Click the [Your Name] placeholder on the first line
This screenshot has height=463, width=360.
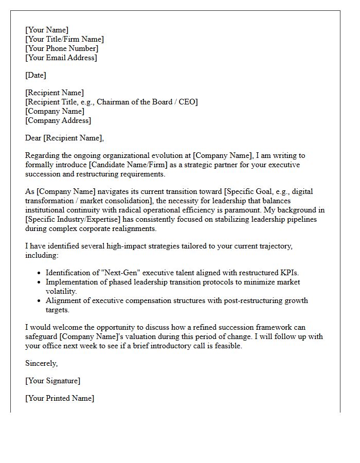pos(47,30)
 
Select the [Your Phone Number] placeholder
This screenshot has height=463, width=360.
pos(62,48)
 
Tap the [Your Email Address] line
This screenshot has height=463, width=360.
pos(61,58)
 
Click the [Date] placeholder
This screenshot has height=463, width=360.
pos(35,75)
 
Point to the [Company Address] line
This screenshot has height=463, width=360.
pos(58,120)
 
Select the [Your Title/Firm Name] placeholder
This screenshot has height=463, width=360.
pos(64,39)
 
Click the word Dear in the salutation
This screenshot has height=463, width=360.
pos(33,138)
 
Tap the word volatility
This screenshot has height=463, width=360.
pos(61,291)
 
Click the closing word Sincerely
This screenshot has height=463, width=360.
pos(42,363)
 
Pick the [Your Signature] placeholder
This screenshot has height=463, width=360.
pos(53,381)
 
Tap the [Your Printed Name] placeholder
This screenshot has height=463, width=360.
pos(60,398)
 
